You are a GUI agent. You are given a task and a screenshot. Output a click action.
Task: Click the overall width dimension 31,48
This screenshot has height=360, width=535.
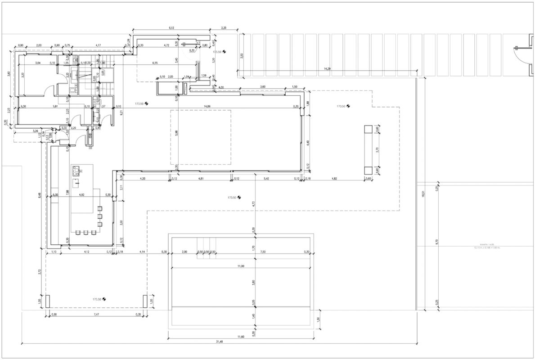coord(219,341)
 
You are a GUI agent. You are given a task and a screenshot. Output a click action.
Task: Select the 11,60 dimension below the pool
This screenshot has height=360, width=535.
coord(241,336)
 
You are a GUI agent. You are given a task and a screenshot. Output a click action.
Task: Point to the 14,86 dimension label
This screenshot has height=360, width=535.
coord(207,106)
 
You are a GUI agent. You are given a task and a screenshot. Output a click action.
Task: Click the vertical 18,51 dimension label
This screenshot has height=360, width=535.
coord(423,194)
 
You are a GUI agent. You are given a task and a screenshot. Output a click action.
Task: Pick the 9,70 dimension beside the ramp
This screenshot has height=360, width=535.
coord(436,242)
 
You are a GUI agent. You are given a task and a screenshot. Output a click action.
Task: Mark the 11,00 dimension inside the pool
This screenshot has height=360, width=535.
coord(241,266)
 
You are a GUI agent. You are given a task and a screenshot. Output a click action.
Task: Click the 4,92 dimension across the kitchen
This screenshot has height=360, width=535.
coord(81,195)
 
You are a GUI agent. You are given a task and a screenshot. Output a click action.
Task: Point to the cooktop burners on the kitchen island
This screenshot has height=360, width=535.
coord(76,170)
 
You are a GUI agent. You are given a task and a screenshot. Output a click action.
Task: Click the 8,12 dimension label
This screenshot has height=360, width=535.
coord(171,28)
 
